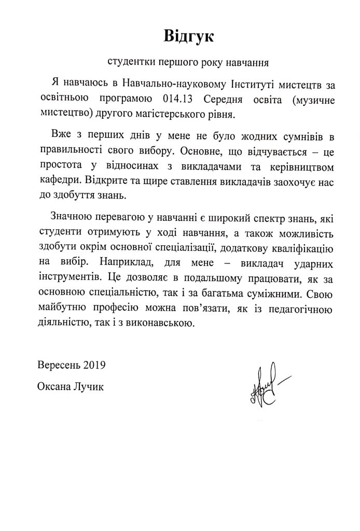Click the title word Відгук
188,36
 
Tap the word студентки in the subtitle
129,63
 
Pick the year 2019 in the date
95,364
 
